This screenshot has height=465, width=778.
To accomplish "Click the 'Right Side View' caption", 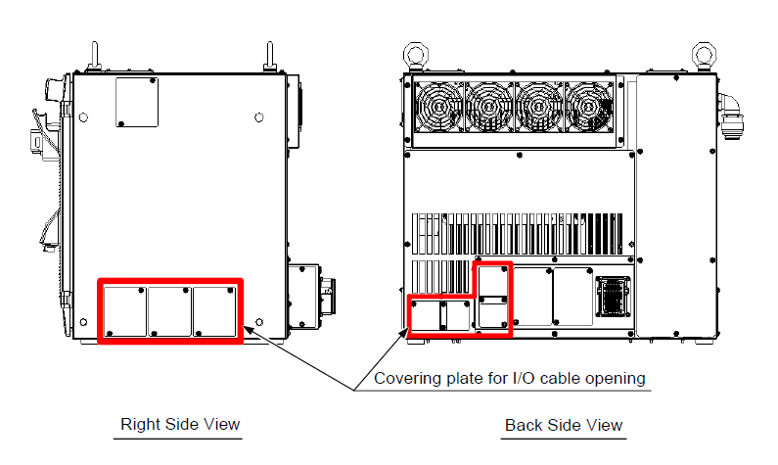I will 180,424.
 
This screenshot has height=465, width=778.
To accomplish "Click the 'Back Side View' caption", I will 564,424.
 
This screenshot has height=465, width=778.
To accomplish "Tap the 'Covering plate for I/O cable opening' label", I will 509,378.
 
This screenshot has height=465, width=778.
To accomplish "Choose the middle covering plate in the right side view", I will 169,310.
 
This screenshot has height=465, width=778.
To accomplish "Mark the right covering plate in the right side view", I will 214,310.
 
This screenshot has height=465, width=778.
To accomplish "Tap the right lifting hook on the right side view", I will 268,56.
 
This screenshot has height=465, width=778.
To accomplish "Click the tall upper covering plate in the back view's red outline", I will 491,295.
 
